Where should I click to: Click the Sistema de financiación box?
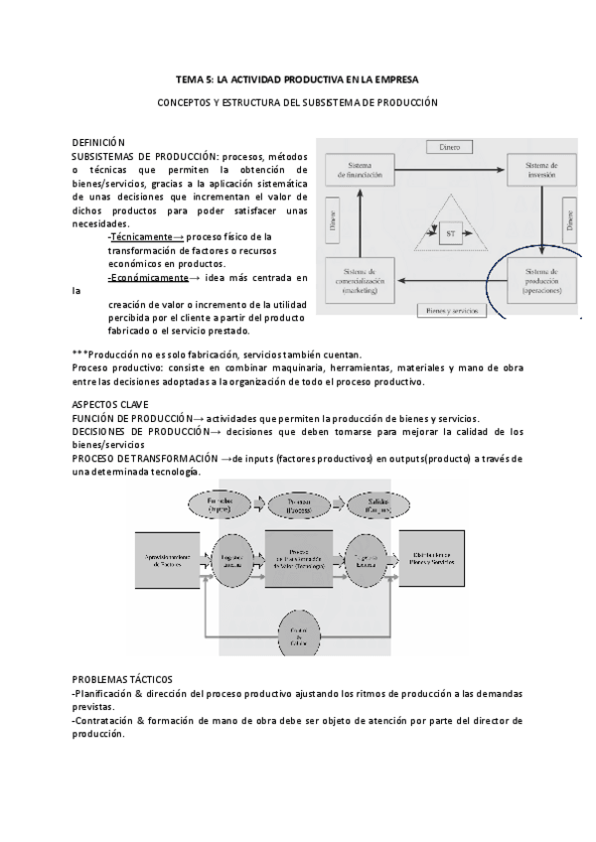click(x=361, y=171)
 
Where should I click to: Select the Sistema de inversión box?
click(x=539, y=171)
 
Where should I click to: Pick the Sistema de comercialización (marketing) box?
click(x=361, y=281)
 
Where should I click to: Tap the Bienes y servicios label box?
click(x=453, y=311)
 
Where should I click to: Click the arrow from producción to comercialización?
click(x=450, y=281)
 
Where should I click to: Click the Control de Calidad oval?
click(x=298, y=631)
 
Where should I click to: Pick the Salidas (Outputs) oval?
click(x=373, y=506)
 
